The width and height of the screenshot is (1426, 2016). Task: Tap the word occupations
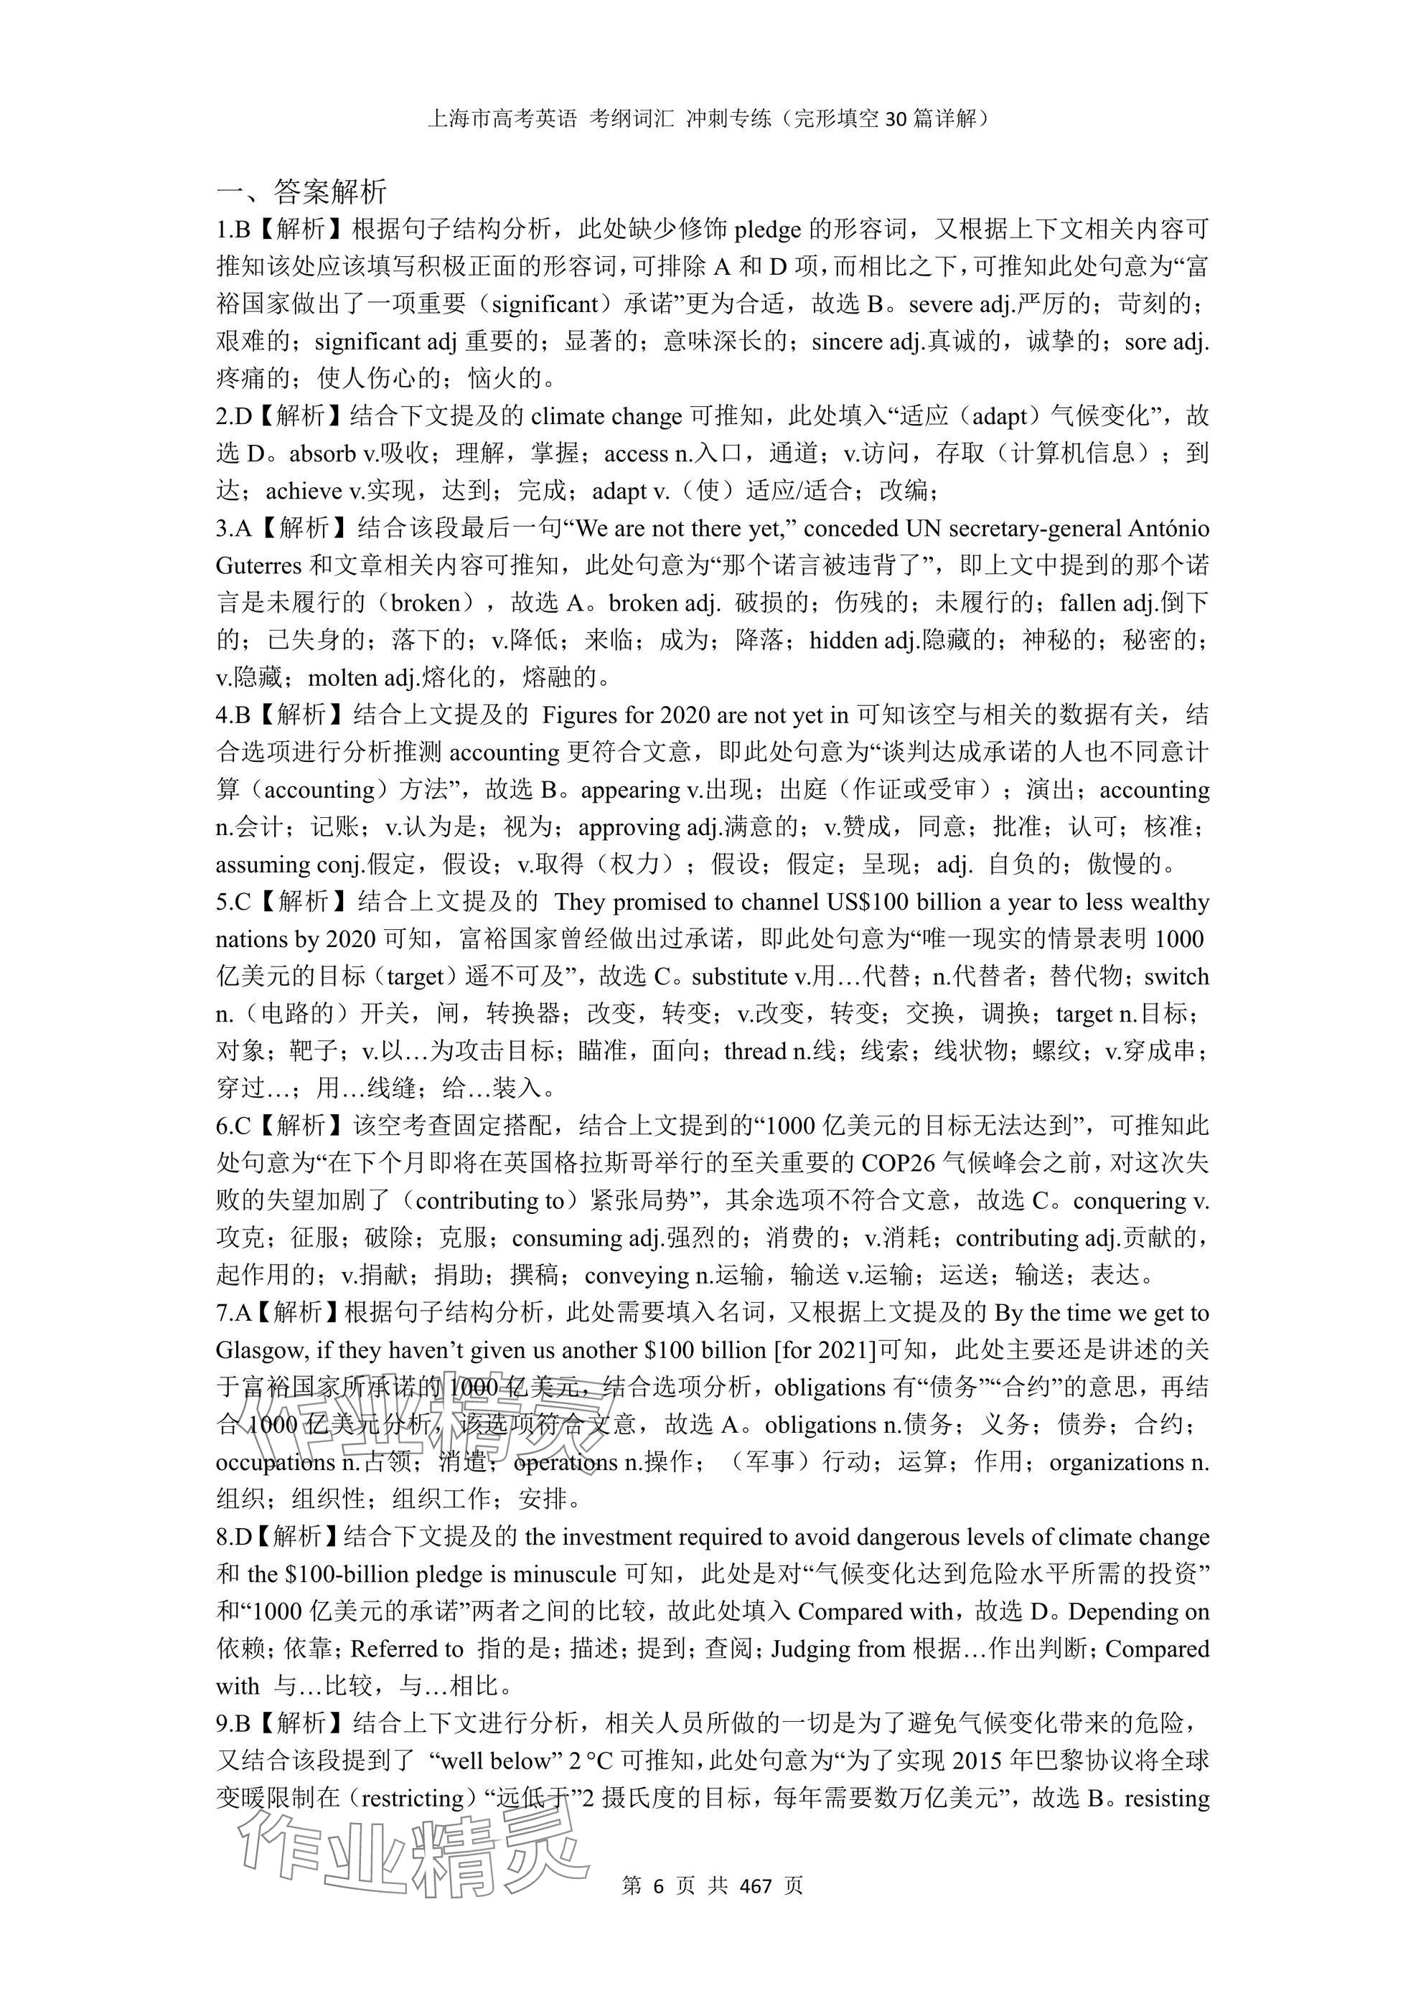275,1462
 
